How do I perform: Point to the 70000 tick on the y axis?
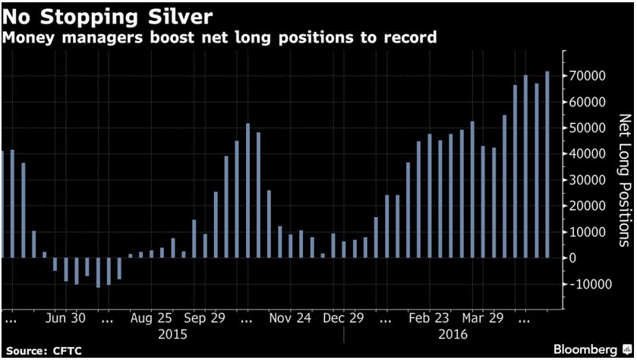pyautogui.click(x=588, y=76)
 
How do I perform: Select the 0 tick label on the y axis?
pyautogui.click(x=574, y=258)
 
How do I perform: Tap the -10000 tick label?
pyautogui.click(x=589, y=284)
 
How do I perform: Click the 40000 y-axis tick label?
pyautogui.click(x=588, y=154)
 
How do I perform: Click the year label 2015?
pyautogui.click(x=172, y=333)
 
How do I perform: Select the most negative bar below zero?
pyautogui.click(x=98, y=273)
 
